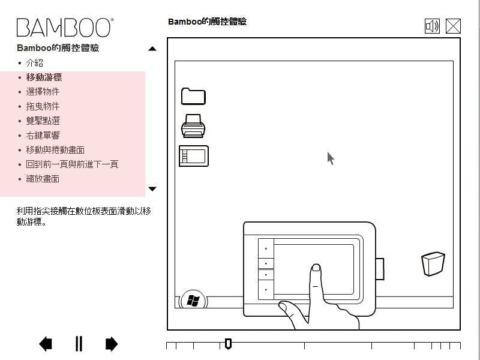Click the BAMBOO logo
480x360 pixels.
pos(65,28)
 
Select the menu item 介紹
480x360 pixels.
pos(34,63)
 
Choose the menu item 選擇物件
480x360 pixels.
pos(43,92)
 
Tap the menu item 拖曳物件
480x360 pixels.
pos(43,106)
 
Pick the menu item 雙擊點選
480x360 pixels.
pos(43,121)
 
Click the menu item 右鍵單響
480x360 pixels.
pos(43,136)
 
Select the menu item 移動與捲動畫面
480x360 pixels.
pos(55,149)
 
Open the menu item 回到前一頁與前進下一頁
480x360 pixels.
pos(72,164)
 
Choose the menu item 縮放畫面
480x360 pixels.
pos(43,179)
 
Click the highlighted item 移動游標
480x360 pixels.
pos(44,77)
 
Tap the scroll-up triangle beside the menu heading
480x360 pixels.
pos(152,49)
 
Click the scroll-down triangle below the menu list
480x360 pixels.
pos(152,188)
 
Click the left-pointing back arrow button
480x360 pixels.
pos(46,344)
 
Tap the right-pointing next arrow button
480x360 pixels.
pos(112,344)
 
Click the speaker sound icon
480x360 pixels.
pos(432,26)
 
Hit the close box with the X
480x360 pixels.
pos(453,26)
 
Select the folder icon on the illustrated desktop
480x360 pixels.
pos(193,97)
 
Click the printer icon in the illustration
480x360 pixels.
pos(193,126)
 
